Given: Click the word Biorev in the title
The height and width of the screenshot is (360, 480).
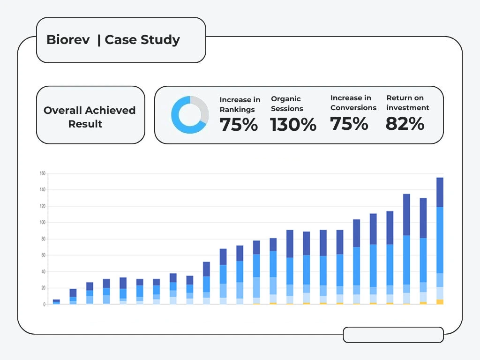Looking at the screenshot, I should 68,40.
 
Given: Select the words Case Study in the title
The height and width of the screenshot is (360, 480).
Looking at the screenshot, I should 142,40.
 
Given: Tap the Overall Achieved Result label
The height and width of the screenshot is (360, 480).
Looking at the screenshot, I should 90,117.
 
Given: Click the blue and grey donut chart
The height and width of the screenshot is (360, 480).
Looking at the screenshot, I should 190,115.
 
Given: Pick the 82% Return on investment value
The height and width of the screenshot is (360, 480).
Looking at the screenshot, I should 405,124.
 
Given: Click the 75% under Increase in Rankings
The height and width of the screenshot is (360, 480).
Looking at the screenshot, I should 239,125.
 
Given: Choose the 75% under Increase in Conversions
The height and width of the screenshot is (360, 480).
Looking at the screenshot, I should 349,124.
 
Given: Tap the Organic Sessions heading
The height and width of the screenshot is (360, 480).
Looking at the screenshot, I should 287,104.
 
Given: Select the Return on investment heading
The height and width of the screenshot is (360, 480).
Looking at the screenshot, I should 408,103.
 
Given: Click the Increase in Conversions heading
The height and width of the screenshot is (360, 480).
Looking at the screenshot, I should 353,103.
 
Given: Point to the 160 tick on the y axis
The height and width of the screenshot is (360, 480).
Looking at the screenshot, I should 42,173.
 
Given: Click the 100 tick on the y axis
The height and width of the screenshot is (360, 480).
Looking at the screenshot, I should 42,223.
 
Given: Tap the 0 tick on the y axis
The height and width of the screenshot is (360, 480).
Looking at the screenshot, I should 44,305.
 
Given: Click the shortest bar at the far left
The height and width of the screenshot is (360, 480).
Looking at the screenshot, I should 56,302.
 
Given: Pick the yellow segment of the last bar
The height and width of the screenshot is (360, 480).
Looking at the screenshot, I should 440,302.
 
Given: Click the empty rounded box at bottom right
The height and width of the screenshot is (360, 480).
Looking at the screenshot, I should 393,335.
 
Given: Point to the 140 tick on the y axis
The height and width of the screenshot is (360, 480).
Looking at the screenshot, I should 42,190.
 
